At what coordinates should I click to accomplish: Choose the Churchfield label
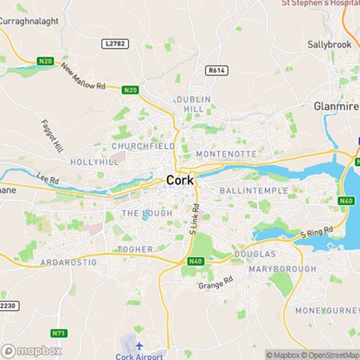[143, 146]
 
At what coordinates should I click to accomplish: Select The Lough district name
[147, 213]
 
